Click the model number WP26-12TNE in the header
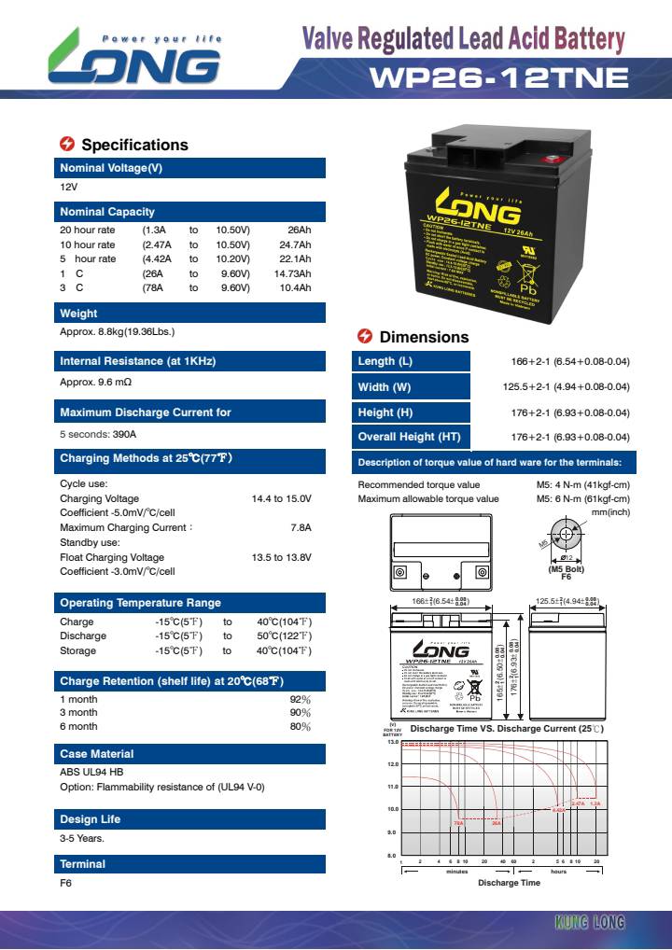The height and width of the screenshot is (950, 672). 499,78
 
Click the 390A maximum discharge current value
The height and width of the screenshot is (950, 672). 124,434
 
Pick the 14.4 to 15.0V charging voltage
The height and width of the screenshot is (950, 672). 281,499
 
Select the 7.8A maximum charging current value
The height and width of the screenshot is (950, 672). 301,528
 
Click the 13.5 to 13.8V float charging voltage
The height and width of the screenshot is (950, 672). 281,557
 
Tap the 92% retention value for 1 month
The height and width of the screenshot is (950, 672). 300,698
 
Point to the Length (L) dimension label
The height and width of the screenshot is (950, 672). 385,362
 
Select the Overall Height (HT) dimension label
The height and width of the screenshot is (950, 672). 409,437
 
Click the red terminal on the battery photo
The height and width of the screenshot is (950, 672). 551,159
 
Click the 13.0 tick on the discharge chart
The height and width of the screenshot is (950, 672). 393,742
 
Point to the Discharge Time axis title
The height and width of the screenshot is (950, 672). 509,882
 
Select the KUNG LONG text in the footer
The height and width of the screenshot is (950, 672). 589,923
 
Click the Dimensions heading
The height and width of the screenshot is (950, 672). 424,337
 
